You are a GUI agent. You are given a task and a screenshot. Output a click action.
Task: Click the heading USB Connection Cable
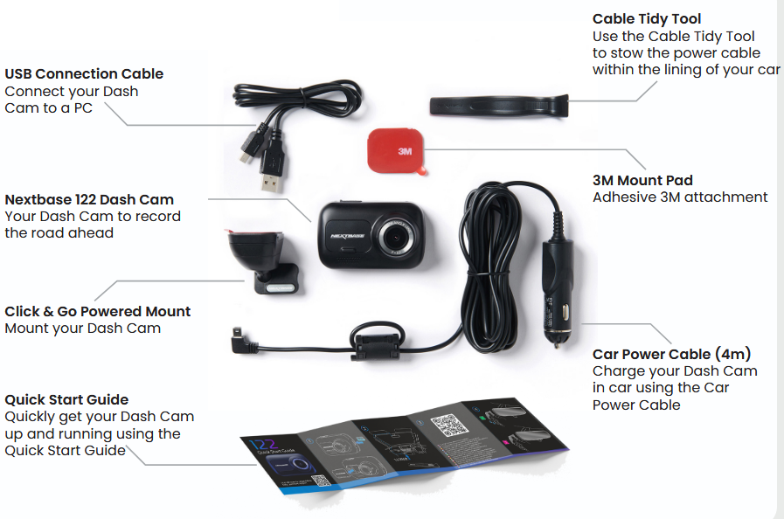tap(84, 73)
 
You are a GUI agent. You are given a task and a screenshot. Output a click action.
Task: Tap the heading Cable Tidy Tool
tap(647, 19)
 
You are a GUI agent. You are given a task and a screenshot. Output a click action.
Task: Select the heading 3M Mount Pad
tap(642, 180)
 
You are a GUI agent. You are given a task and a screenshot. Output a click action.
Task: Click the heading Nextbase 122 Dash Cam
tap(89, 199)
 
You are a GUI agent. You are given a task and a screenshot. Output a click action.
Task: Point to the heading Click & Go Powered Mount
tap(98, 311)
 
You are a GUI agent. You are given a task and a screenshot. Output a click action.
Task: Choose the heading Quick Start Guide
tap(66, 399)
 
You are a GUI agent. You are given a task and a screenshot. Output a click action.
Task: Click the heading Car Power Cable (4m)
tap(671, 354)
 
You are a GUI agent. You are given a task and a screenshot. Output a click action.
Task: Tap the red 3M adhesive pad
tap(397, 151)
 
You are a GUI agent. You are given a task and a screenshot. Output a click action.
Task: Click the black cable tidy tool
tap(499, 106)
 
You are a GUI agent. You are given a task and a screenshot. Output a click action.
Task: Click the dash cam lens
tap(397, 236)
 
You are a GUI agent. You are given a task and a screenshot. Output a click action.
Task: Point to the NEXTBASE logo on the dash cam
tap(348, 236)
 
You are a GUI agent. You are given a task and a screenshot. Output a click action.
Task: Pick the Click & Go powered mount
tap(262, 261)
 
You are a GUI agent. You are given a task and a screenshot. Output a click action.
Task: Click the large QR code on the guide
tap(449, 425)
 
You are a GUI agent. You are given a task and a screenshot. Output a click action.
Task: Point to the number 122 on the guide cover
tap(264, 444)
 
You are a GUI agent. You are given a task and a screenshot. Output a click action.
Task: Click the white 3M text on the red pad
tap(405, 151)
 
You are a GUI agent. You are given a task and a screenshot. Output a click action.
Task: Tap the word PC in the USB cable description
tap(83, 108)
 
